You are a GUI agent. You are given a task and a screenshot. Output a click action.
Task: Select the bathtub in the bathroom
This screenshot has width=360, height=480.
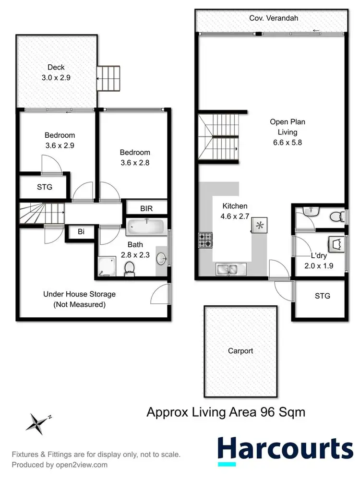click(x=147, y=226)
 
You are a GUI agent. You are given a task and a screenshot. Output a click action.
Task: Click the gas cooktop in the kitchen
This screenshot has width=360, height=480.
click(x=205, y=240)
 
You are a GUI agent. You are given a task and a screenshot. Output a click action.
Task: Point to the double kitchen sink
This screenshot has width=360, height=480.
click(x=231, y=269)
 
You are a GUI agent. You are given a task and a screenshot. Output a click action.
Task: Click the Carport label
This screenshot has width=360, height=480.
click(x=240, y=351)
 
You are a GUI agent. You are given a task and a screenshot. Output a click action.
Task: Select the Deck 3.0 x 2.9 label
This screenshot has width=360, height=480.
click(x=56, y=72)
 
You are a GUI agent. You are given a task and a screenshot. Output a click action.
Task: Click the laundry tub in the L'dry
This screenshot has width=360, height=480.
click(x=335, y=244)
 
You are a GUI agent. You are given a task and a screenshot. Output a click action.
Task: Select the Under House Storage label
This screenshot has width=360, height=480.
click(x=79, y=299)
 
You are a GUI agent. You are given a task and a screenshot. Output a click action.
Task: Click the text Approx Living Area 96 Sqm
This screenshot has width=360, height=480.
click(x=226, y=412)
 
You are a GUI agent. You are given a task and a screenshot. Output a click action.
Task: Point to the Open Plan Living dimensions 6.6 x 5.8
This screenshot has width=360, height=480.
click(x=287, y=143)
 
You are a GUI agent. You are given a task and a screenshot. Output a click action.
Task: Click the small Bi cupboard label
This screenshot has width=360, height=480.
click(x=81, y=232)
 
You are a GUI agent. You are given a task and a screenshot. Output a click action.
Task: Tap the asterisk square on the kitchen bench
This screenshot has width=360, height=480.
click(x=260, y=225)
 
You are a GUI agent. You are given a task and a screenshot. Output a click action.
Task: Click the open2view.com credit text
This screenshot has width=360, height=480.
click(x=60, y=465)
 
